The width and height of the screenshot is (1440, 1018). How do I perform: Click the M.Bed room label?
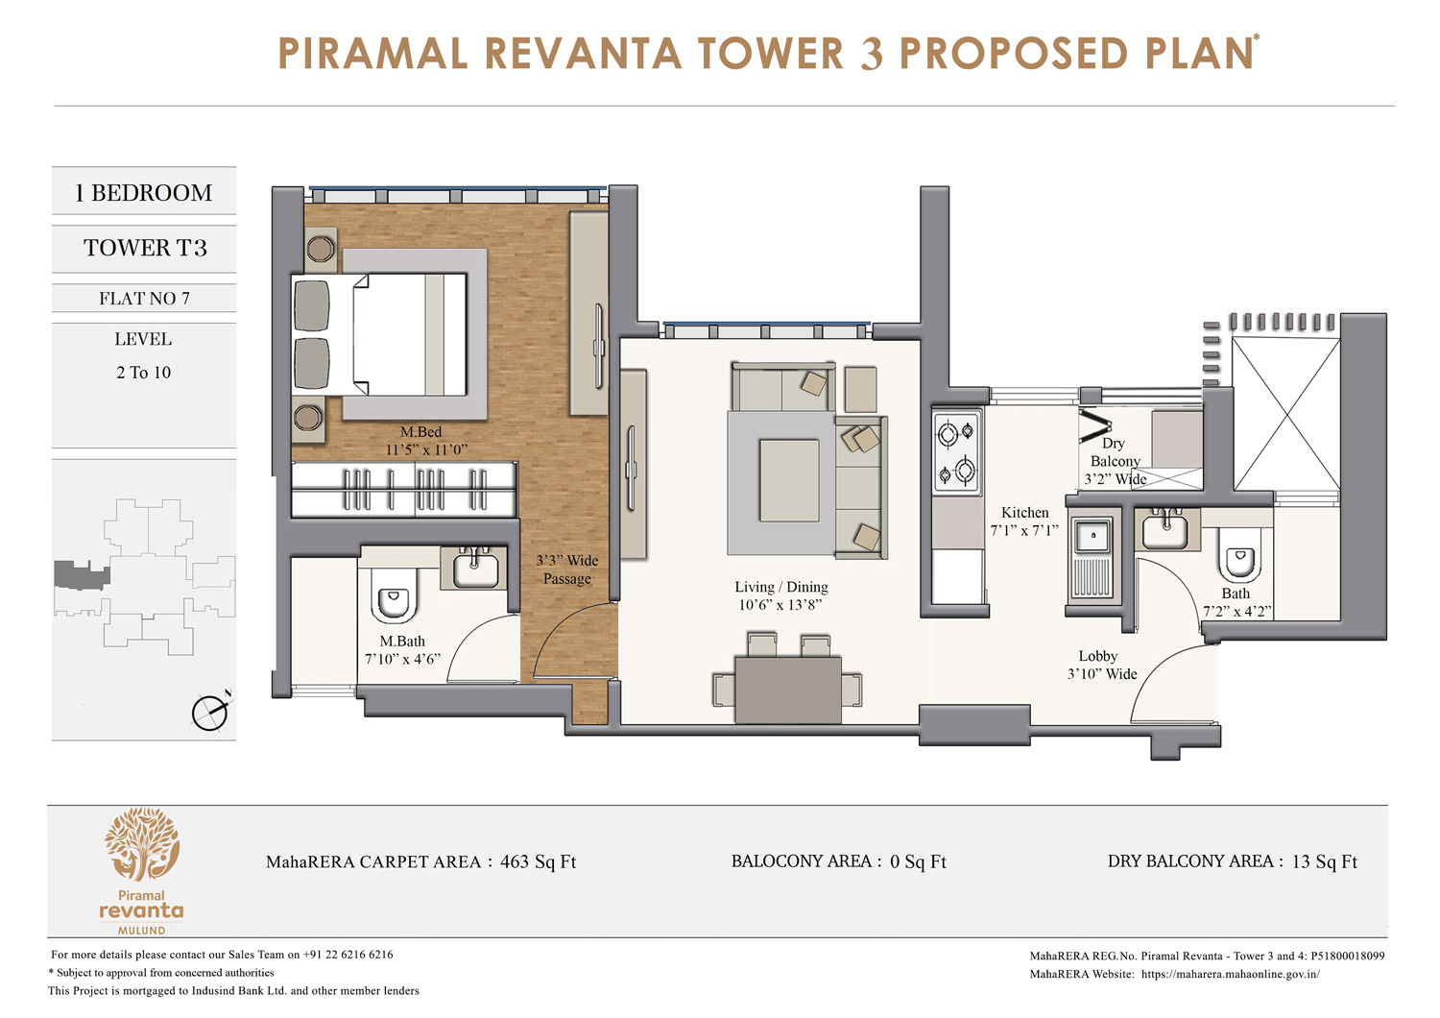tap(420, 432)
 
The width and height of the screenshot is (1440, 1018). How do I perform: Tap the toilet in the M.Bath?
tap(394, 602)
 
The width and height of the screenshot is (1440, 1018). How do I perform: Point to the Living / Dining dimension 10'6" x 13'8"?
tap(780, 605)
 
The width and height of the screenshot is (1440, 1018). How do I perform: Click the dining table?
tap(787, 690)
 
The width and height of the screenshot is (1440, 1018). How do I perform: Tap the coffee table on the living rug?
tap(789, 480)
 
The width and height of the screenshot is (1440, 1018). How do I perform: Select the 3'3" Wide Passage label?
tap(566, 570)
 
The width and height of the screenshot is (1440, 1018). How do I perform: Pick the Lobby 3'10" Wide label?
tap(1101, 666)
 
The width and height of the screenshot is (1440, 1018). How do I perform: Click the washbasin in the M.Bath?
tap(474, 569)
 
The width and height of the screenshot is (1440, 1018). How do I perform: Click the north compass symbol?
tap(210, 712)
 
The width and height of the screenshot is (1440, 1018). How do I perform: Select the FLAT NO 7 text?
tap(144, 299)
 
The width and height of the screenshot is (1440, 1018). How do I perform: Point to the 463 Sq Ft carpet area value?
tap(538, 862)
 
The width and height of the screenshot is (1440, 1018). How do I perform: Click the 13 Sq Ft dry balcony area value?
tap(1324, 862)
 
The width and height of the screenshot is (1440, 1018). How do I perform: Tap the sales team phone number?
tap(348, 955)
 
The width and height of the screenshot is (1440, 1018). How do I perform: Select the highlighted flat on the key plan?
tap(81, 575)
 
